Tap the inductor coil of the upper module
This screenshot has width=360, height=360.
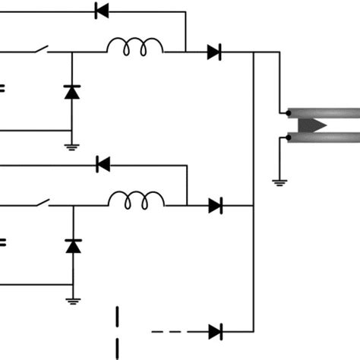(135, 49)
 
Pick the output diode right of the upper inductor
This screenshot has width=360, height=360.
(214, 52)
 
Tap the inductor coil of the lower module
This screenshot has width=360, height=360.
(136, 201)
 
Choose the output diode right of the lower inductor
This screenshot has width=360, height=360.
(215, 204)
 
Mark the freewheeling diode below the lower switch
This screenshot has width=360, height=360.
(72, 245)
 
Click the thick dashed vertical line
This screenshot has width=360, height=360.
(118, 332)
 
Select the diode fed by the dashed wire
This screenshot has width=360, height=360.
(215, 331)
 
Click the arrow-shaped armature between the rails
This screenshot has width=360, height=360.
(312, 125)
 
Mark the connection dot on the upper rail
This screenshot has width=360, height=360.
(283, 112)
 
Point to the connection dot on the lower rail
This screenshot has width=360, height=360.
(283, 137)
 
